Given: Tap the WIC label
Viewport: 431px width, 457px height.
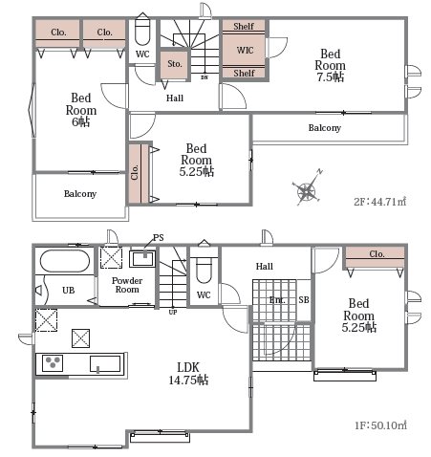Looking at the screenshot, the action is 245,50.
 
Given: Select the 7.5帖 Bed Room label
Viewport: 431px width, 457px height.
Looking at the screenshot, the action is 331,65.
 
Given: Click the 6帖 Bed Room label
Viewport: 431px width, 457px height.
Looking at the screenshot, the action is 81,110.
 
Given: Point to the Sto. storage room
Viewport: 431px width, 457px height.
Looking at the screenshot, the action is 175,64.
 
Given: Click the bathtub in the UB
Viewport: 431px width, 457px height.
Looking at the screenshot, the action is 65,260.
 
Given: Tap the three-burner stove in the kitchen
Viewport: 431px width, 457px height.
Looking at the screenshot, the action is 53,363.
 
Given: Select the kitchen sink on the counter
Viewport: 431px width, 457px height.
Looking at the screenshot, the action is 105,364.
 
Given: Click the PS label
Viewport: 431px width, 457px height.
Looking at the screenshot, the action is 159,237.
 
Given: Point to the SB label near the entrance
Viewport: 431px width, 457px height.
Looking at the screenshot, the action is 304,299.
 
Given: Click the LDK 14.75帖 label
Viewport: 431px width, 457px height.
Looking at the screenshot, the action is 188,374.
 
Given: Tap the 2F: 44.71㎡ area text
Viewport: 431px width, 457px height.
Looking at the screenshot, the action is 380,202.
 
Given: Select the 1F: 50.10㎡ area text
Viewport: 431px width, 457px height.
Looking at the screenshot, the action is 380,425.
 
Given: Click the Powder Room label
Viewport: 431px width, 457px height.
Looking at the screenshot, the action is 127,285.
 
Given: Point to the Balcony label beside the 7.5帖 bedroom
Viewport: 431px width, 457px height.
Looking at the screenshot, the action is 325,128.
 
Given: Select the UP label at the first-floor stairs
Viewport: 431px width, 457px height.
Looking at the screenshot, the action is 173,313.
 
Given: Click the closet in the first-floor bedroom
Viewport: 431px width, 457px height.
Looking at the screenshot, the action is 376,257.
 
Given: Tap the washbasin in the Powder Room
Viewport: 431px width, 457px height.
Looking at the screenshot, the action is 142,258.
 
